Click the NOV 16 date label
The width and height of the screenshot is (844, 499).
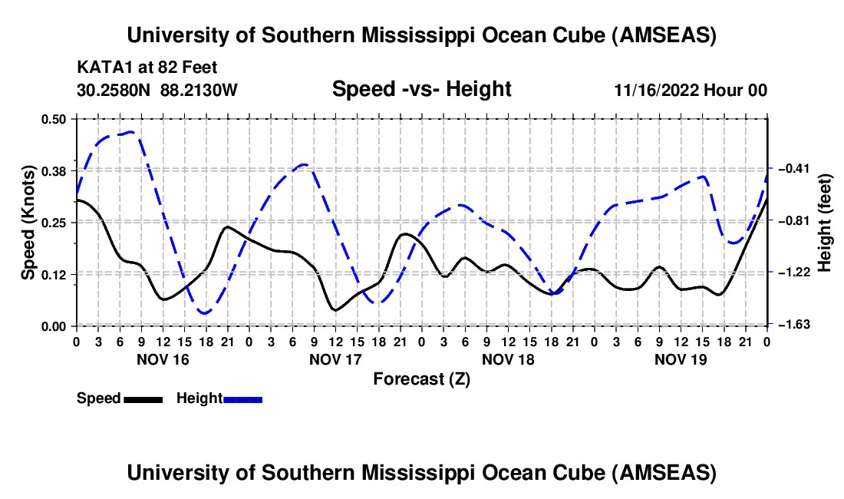tap(162, 359)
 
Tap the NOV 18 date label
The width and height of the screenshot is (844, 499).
tap(507, 359)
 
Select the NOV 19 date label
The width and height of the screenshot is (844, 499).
tap(680, 359)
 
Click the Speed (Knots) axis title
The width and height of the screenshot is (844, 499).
tap(28, 223)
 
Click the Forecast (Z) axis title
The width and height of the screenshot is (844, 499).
tap(421, 378)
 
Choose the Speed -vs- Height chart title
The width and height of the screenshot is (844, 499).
tap(421, 90)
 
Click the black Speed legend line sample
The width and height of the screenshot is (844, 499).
tap(143, 399)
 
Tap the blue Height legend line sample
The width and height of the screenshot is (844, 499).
tap(242, 399)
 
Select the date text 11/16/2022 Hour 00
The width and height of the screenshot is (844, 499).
tap(691, 91)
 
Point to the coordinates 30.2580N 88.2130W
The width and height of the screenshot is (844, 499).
tap(158, 91)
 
